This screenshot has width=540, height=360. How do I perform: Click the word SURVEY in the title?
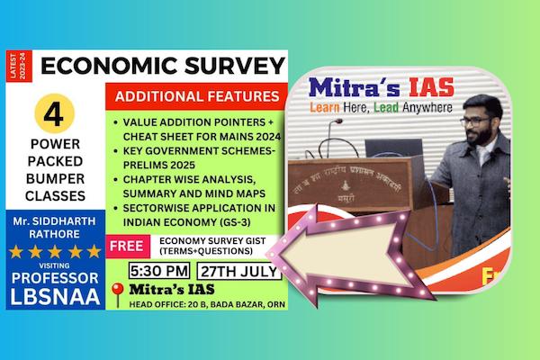point(231,66)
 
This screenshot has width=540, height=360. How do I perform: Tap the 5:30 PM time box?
point(157,269)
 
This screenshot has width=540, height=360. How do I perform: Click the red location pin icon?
point(116,290)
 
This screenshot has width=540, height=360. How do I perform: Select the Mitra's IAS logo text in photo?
point(381,88)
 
